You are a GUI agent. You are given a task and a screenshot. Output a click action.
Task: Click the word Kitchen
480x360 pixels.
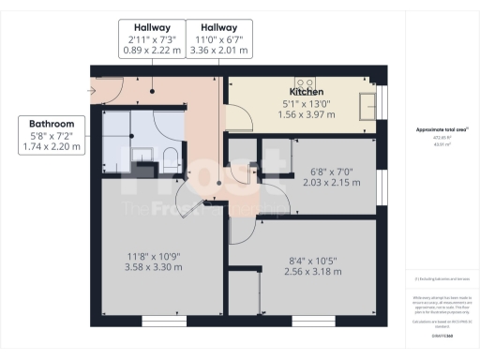pos(307,92)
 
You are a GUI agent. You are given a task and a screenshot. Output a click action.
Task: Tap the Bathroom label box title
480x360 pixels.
pos(52,124)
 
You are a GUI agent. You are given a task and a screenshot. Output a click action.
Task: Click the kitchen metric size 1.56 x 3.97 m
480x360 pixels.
pos(307,114)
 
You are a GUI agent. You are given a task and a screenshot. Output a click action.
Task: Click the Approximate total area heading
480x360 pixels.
pos(441,129)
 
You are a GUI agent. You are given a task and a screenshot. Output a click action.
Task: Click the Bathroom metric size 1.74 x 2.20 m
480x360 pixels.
pos(52,147)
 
